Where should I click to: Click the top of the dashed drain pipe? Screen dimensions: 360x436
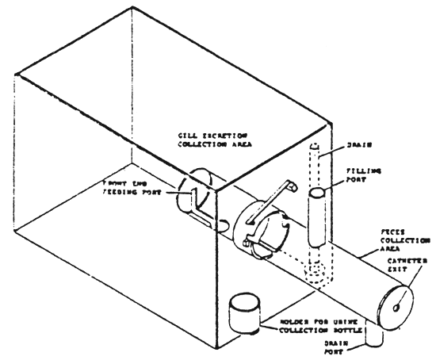(x=314, y=147)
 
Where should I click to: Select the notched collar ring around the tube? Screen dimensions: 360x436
(x=266, y=231)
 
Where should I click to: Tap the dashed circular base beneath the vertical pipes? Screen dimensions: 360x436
(x=316, y=274)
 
